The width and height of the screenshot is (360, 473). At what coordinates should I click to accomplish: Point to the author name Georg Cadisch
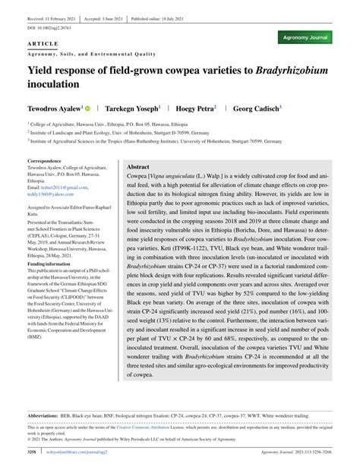[256, 109]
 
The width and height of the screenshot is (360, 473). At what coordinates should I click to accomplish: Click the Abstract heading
[137, 166]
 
